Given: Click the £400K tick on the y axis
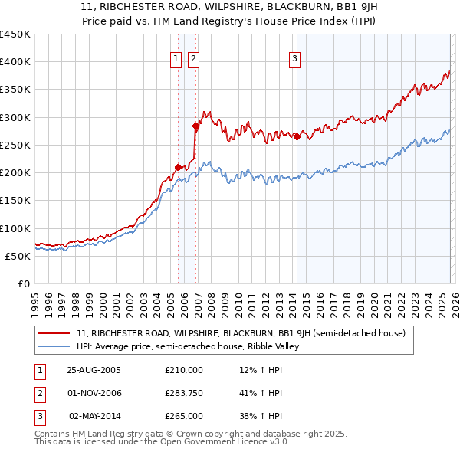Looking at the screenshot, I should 15,62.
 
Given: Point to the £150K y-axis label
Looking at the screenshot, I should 15,201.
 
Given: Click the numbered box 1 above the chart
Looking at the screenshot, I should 176,57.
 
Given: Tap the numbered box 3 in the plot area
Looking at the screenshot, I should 294,57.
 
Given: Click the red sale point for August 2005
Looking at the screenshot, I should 179,167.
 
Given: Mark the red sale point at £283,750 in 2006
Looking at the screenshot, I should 195,126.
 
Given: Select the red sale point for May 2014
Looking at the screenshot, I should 297,136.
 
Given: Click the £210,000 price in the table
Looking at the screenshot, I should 184,370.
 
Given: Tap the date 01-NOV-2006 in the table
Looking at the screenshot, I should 94,393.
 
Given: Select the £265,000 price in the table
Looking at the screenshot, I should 184,416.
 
